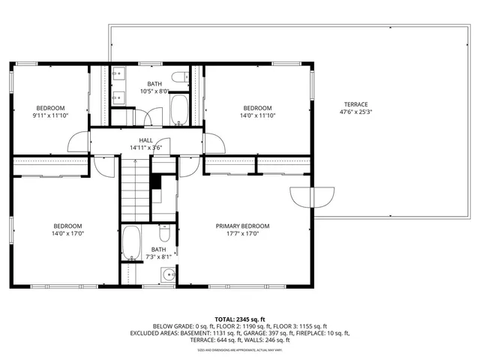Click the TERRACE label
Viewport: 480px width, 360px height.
point(356,104)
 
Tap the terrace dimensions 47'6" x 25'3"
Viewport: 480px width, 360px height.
point(356,113)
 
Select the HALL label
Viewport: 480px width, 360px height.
point(145,139)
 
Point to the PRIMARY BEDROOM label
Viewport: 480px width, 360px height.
point(242,226)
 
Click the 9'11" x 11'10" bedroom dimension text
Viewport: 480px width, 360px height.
point(50,115)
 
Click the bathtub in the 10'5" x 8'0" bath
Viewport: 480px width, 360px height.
point(179,109)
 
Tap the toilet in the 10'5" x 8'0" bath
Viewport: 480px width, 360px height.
point(180,77)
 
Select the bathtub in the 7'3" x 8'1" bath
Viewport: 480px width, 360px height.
point(131,243)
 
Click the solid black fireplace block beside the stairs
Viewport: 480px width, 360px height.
point(156,182)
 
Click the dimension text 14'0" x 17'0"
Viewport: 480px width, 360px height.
point(67,234)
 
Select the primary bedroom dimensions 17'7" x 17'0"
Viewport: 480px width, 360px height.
point(242,234)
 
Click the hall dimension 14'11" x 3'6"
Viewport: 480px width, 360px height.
point(145,148)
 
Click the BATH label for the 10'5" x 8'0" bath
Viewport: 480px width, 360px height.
point(154,84)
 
